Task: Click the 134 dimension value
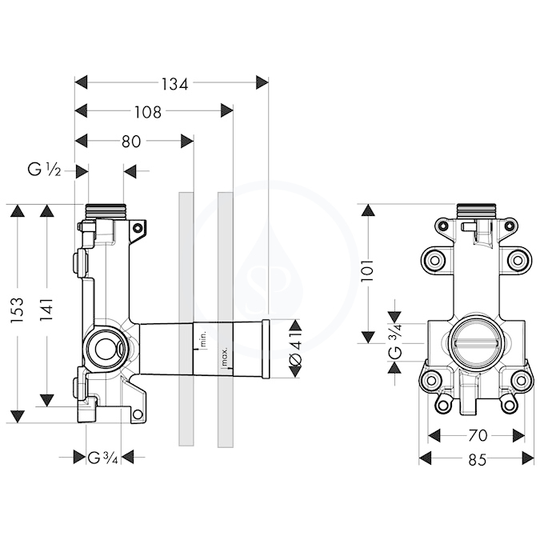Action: coord(175,84)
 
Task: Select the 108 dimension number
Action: coord(147,112)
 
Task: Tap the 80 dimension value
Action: coord(131,141)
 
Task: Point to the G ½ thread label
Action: coord(44,170)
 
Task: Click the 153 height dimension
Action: coord(18,310)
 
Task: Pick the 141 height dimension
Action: coord(46,310)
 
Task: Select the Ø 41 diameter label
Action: coord(296,349)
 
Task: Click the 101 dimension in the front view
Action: coord(367,270)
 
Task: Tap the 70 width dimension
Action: coord(478,436)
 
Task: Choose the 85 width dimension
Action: coord(478,460)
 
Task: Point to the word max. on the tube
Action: coord(224,357)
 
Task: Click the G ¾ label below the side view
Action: coord(103,458)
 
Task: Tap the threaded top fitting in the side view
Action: coord(106,210)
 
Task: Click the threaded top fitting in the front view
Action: coord(478,210)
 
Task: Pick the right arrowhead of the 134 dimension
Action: coord(262,82)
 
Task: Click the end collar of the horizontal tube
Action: coord(266,350)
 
